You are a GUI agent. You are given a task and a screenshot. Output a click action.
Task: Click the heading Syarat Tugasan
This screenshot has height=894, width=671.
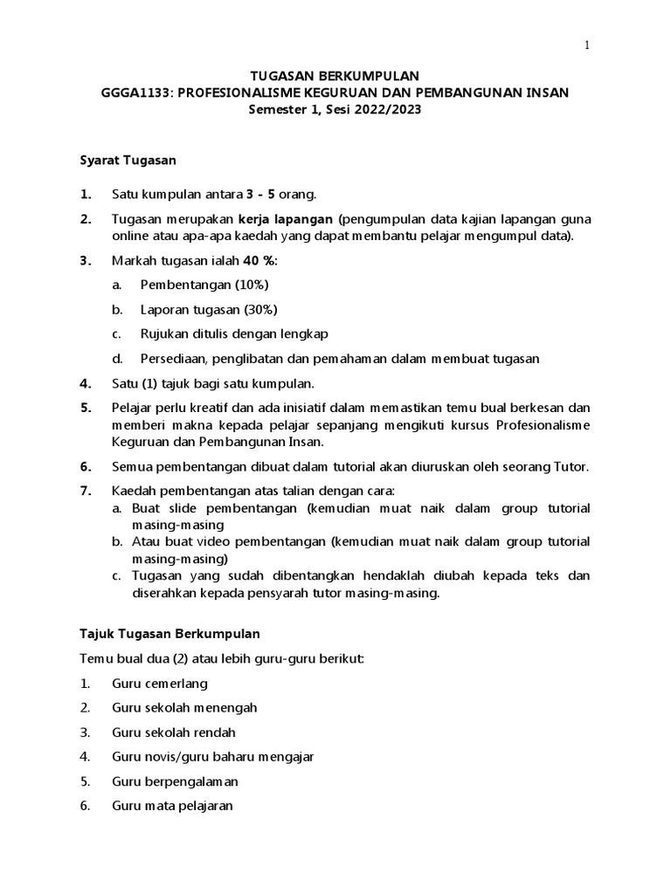[x=128, y=160]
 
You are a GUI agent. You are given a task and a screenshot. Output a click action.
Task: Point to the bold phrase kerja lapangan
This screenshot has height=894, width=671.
[x=287, y=219]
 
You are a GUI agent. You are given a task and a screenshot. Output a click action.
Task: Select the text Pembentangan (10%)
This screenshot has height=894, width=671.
[x=204, y=285]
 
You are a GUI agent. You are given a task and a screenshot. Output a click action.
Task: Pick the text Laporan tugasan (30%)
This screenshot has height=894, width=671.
[x=210, y=309]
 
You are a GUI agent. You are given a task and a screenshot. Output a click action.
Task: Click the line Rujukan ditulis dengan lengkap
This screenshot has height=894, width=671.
[x=234, y=334]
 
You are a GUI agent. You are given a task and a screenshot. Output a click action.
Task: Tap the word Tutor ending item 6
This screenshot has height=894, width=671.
[x=570, y=466]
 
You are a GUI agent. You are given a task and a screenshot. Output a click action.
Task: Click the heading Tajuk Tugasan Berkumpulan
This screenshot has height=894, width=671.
[x=169, y=632]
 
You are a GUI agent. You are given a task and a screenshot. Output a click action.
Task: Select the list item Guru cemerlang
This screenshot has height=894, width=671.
[x=160, y=684]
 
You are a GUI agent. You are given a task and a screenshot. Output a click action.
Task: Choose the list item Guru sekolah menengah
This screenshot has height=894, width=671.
[x=184, y=707]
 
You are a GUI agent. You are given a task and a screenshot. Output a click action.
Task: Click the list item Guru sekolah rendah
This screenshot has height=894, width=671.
[x=174, y=732]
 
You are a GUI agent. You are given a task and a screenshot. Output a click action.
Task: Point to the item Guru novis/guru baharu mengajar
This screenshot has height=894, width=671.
[x=213, y=756]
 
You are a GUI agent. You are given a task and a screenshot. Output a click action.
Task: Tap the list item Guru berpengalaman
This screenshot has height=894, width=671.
[x=175, y=781]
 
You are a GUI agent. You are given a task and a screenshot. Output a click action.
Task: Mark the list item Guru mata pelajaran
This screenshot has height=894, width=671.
[x=172, y=806]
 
